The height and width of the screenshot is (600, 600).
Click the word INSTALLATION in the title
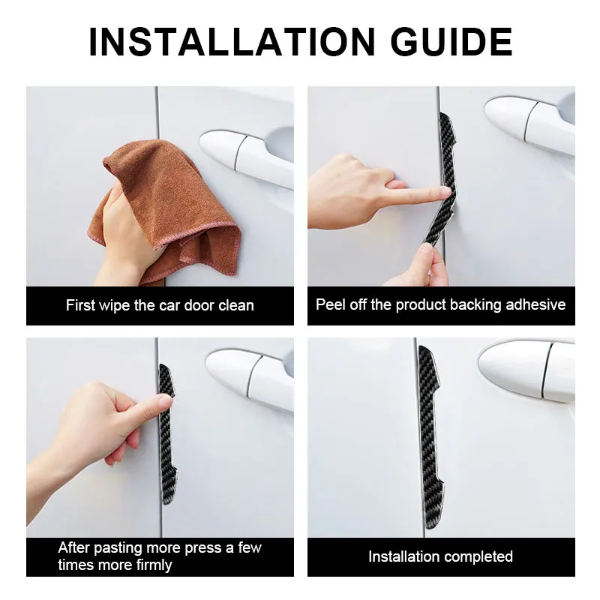pos(232,42)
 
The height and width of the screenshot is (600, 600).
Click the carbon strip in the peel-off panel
pos(441,179)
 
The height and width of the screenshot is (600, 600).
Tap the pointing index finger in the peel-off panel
pos(417,195)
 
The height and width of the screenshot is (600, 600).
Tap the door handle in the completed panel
pos(526,372)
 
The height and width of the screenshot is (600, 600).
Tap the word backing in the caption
pos(475,304)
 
